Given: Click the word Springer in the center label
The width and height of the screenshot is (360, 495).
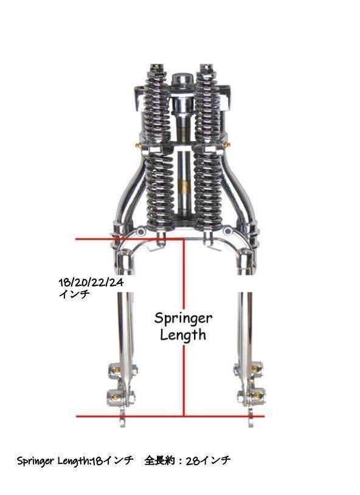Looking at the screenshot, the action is click(183, 319).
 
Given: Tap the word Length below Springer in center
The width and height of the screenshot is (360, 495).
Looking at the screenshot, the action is click(183, 335).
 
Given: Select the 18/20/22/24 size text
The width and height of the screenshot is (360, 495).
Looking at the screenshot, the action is click(91, 282).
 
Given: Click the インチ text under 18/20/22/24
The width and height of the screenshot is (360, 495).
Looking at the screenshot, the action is click(75, 294).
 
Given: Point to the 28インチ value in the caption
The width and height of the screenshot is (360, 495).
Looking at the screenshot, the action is click(208, 460).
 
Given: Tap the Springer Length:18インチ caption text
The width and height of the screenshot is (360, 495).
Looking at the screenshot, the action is click(75, 461).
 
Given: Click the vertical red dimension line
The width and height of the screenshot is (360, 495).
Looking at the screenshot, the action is click(184, 327).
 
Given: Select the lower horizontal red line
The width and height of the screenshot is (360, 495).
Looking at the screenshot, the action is click(170, 416).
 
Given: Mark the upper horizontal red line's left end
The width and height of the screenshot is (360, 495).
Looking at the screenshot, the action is click(76, 240).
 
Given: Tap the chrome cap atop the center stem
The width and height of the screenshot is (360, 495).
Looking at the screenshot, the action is click(183, 80).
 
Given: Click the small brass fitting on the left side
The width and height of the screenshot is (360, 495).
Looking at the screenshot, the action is click(138, 145).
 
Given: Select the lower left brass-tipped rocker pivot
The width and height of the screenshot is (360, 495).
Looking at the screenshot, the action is click(115, 396).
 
